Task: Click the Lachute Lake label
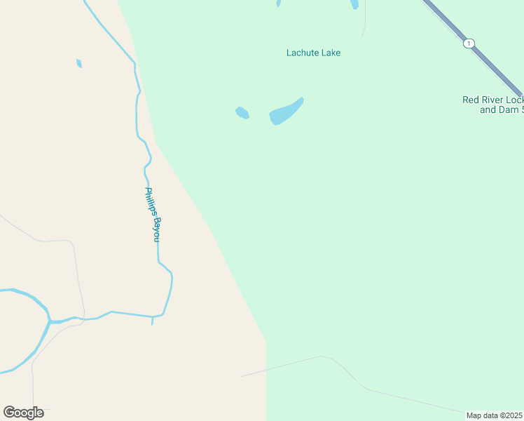(x=313, y=53)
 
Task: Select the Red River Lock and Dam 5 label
(x=492, y=105)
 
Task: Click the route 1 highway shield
(x=468, y=44)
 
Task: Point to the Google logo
(x=23, y=413)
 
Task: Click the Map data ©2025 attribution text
(x=495, y=415)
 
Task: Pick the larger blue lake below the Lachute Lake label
(x=285, y=112)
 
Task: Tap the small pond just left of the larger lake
(x=242, y=112)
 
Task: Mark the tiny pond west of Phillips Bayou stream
(x=79, y=64)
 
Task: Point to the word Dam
(x=505, y=110)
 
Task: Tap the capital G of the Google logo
(x=9, y=412)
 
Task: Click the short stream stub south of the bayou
(x=152, y=321)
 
